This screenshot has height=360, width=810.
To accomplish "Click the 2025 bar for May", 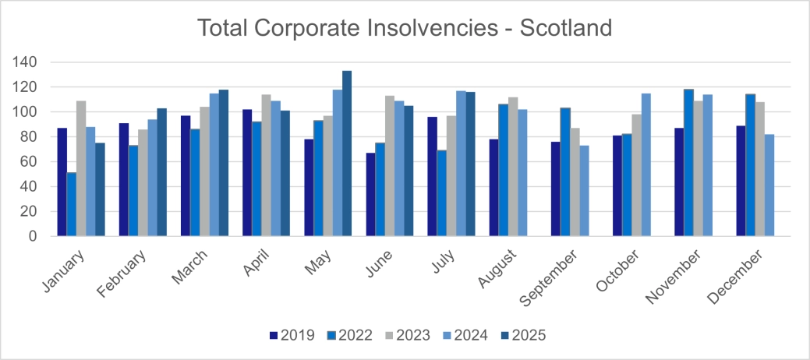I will [x=347, y=154].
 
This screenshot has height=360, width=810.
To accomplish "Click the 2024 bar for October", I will [x=646, y=164].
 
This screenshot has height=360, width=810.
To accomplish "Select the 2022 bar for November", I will [x=688, y=163].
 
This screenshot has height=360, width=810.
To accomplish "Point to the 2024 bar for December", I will [x=769, y=185].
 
